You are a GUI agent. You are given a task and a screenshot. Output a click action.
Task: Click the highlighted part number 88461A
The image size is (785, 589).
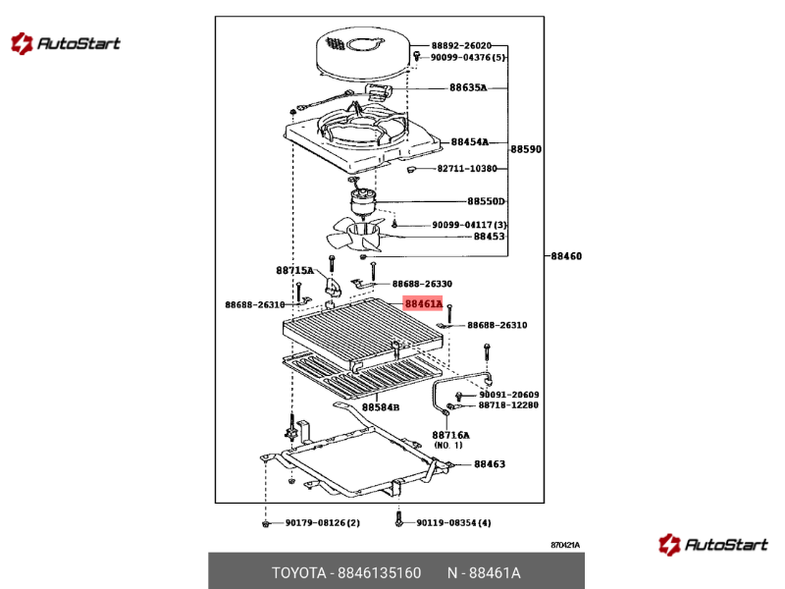(424, 304)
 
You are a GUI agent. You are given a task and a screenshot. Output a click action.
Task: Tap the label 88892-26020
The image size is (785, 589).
(461, 45)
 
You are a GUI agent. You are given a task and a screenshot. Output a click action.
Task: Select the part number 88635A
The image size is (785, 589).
(468, 87)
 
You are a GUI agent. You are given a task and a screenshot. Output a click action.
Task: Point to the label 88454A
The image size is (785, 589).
(470, 142)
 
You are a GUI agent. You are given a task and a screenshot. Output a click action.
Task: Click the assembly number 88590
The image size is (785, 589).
(525, 149)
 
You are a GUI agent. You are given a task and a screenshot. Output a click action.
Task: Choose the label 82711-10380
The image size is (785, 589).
(467, 169)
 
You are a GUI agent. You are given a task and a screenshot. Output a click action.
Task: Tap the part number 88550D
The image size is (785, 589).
(486, 201)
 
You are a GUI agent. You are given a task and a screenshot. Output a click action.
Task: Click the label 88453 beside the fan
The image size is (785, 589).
(489, 237)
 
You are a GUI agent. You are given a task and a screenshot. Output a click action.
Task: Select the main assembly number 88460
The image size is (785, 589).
(565, 256)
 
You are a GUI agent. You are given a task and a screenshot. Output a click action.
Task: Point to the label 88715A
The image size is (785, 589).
(293, 270)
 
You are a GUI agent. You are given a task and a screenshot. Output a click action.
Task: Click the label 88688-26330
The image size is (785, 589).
(422, 284)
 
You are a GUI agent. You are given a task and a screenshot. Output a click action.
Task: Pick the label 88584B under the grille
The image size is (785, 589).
(380, 406)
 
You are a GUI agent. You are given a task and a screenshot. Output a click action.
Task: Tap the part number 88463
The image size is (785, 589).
(490, 464)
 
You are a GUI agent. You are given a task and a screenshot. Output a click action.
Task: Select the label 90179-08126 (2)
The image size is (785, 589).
(323, 522)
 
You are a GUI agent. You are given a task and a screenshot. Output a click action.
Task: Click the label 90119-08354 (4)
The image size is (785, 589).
(453, 522)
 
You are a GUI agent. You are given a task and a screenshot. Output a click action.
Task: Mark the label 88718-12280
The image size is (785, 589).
(508, 405)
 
